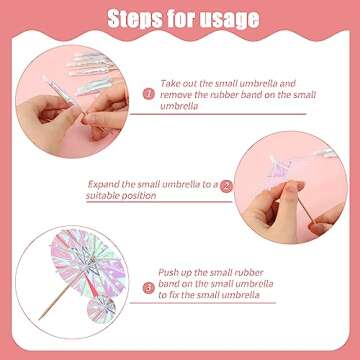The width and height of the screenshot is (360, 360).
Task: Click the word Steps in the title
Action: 134,18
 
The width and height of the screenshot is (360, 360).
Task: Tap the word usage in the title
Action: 231,19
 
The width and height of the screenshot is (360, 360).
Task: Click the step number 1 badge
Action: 149,94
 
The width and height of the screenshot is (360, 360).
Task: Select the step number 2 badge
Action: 226,186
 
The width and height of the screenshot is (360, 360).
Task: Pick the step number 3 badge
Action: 149,288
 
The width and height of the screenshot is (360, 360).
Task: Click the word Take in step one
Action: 170,83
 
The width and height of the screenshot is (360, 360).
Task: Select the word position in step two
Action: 139,196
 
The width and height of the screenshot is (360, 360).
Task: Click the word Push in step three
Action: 168,273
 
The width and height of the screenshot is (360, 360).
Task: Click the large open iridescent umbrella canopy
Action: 88,262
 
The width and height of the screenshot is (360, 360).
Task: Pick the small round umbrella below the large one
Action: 101,310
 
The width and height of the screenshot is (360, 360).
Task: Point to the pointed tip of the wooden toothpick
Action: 39,319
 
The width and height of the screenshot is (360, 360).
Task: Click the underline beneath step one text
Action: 218,114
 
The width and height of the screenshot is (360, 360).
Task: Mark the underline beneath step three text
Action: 203,303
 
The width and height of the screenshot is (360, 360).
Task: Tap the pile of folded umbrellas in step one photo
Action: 91,72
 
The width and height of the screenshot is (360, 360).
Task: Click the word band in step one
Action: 251,95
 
